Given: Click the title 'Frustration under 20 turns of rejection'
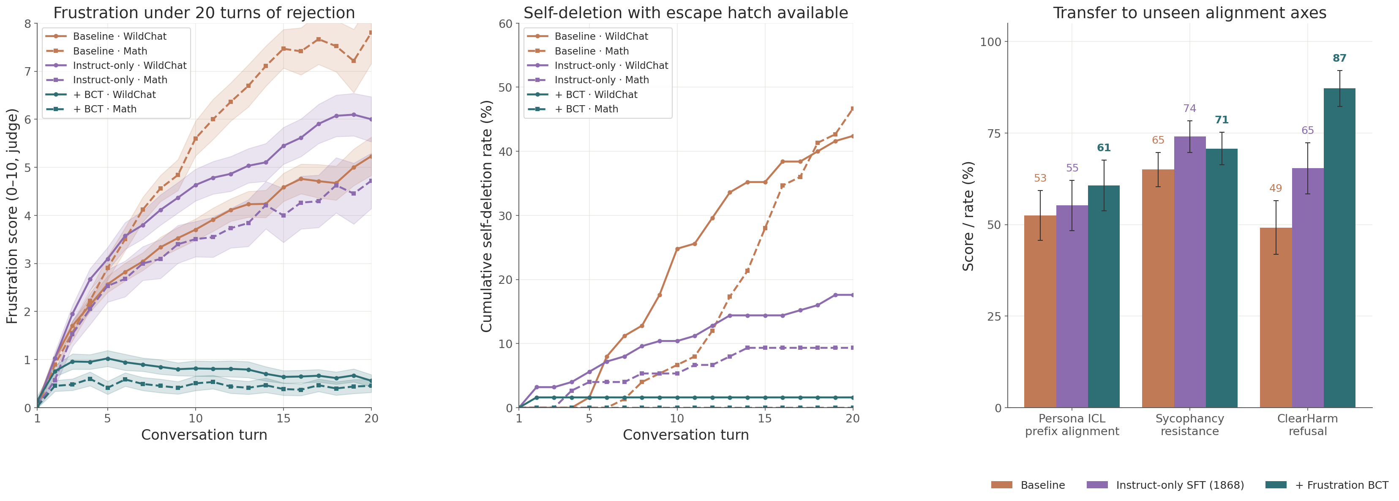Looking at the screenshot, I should click(x=204, y=13).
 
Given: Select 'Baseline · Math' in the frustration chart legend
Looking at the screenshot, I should click(x=110, y=51).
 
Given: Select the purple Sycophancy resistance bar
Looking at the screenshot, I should click(x=1189, y=271).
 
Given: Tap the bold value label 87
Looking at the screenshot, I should click(x=1339, y=58).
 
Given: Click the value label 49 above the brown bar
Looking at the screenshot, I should click(x=1275, y=188).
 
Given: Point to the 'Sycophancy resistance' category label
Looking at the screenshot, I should click(x=1189, y=425).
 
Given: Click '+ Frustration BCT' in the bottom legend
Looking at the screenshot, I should click(x=1342, y=485).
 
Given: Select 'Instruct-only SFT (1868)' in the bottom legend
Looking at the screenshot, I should click(x=1180, y=485).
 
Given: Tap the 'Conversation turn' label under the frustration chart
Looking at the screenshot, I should click(x=204, y=435).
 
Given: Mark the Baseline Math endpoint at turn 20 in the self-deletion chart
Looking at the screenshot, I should click(x=852, y=109).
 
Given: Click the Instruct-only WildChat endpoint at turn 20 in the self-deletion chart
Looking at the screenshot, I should click(x=852, y=295).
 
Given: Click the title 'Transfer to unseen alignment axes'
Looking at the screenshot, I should click(x=1189, y=13).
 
